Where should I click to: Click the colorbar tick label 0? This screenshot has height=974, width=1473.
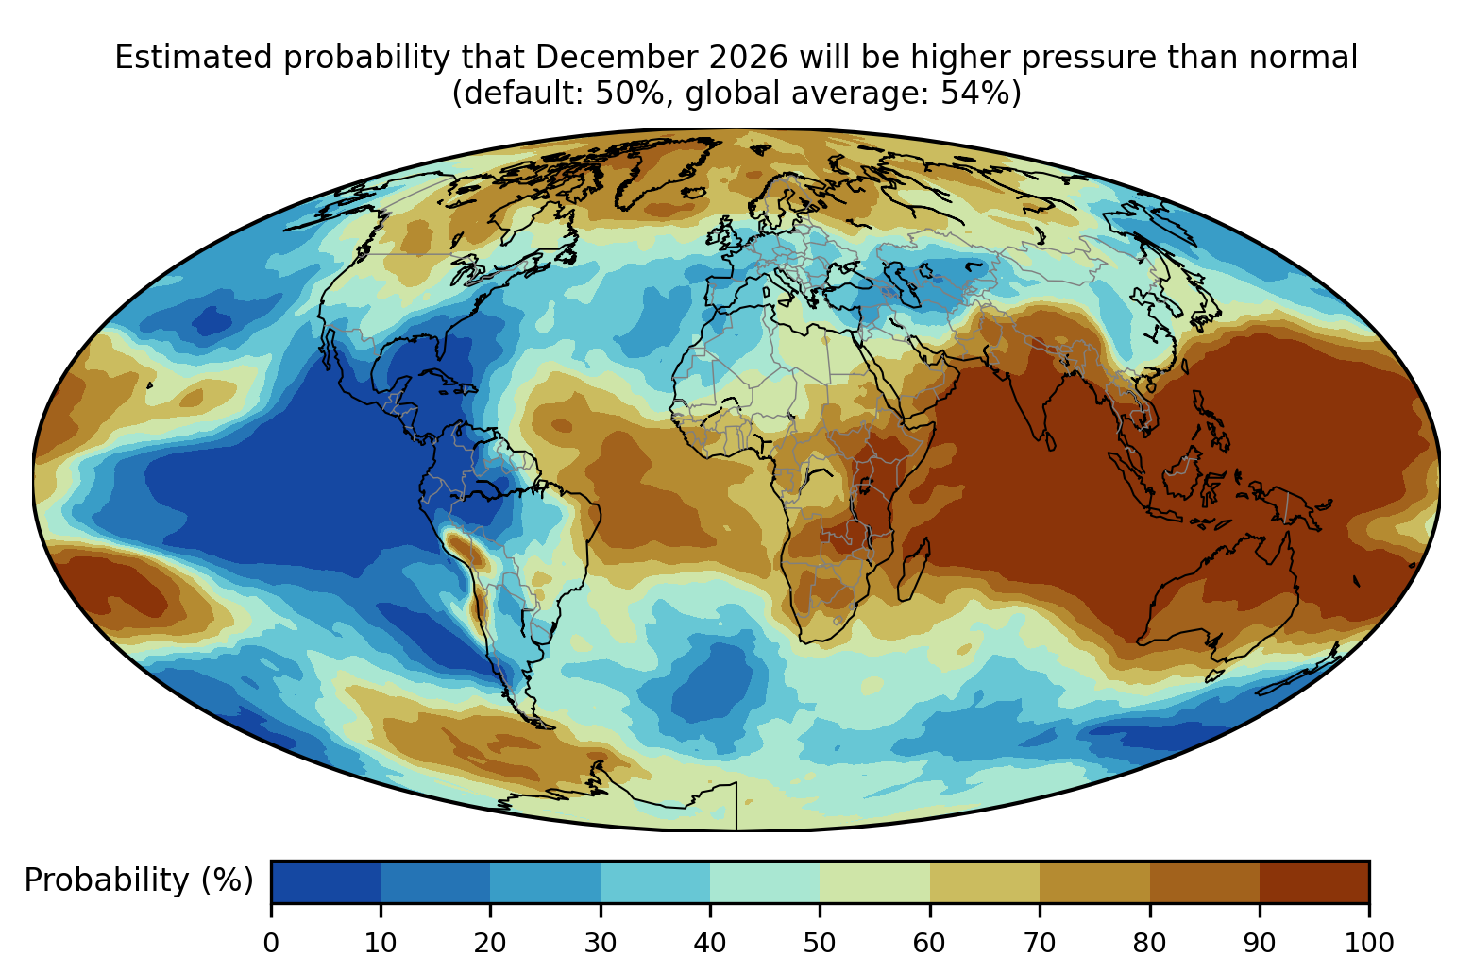click(x=271, y=943)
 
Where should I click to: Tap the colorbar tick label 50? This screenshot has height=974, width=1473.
click(x=820, y=943)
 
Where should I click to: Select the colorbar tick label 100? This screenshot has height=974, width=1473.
click(x=1369, y=943)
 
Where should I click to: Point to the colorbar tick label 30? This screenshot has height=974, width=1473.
click(x=601, y=943)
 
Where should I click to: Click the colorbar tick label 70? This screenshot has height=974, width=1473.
click(x=1040, y=943)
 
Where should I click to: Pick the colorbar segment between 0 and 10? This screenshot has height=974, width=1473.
click(x=326, y=881)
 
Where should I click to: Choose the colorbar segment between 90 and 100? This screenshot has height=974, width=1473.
click(x=1314, y=881)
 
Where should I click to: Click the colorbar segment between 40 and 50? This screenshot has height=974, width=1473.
click(x=765, y=881)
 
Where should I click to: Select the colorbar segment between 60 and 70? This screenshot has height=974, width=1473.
click(x=985, y=881)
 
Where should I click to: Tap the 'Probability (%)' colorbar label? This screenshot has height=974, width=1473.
click(x=139, y=880)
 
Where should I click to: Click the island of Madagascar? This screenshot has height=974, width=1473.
click(x=914, y=570)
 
